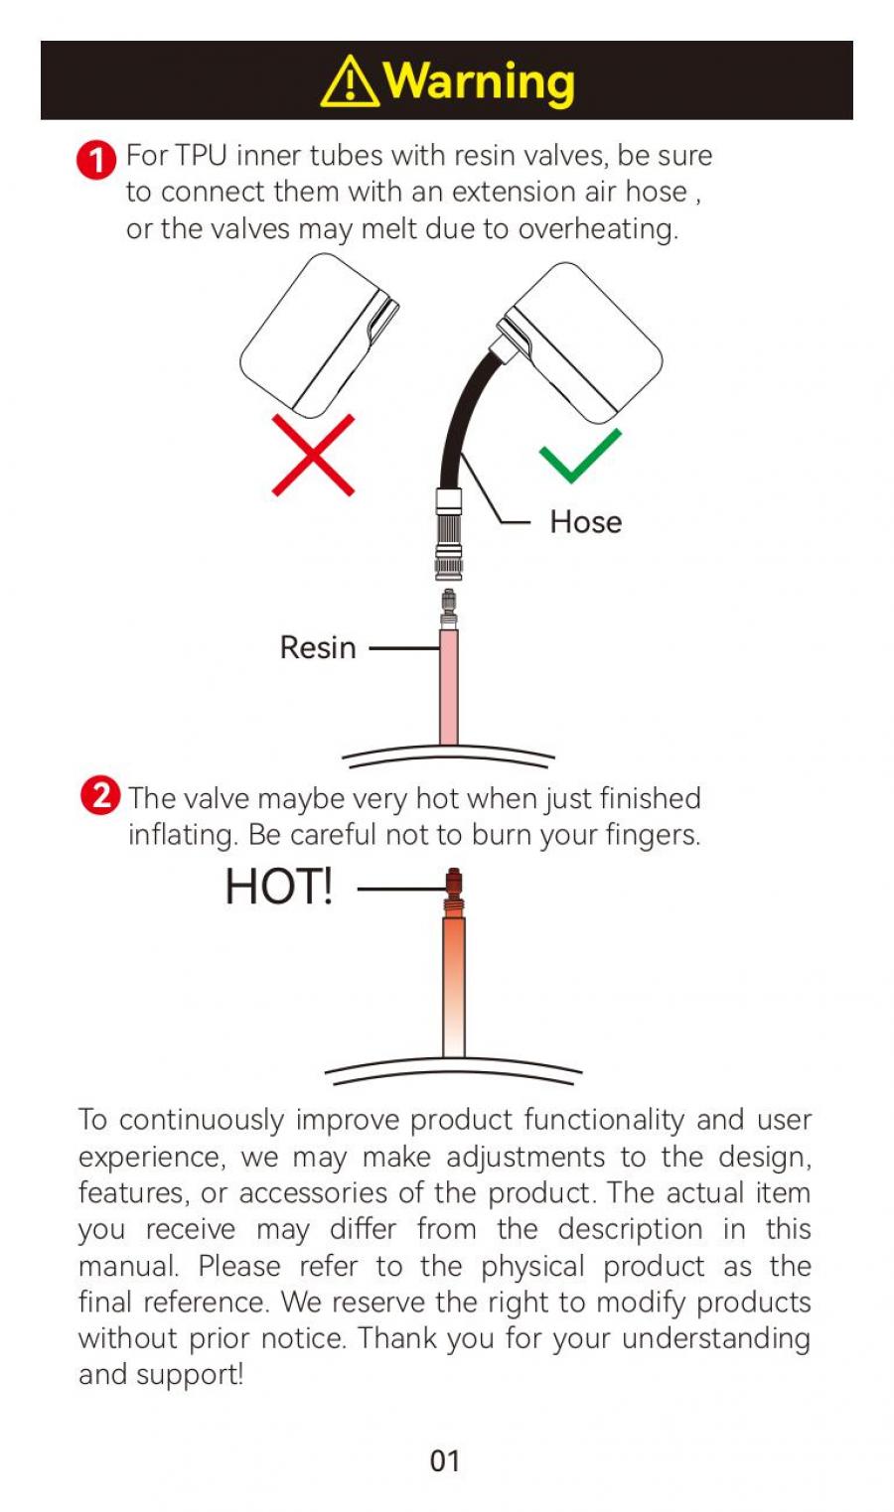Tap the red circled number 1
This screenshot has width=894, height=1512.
96,161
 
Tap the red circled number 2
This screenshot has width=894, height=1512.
100,796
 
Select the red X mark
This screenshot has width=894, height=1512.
313,455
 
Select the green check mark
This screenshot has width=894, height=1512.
580,456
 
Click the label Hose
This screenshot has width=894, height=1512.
585,522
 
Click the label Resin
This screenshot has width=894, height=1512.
318,648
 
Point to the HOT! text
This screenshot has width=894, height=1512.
279,887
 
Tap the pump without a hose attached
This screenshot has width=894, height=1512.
320,336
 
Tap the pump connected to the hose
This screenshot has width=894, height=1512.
580,344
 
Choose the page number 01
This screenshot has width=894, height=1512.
445,1461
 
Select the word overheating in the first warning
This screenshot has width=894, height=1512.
598,229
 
